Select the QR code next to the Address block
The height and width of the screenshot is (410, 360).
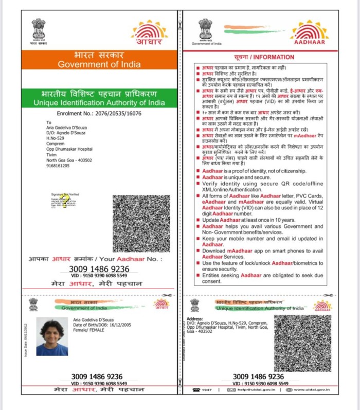click(302, 343)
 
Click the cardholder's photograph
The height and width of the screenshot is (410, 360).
click(51, 337)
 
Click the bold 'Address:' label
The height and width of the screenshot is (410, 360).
click(194, 319)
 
